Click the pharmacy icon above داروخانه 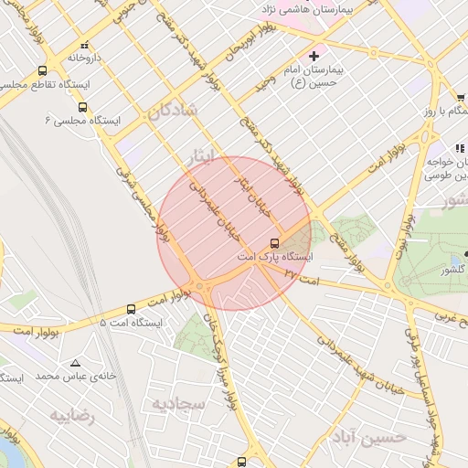(84, 44)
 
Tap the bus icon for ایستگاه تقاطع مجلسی (43, 71)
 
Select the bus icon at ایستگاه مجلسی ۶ (83, 106)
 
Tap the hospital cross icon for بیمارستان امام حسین (314, 56)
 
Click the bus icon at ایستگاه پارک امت (274, 243)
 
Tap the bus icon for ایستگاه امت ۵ (131, 309)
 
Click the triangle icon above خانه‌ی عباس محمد (75, 363)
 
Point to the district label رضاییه (72, 416)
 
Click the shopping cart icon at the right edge (461, 99)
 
